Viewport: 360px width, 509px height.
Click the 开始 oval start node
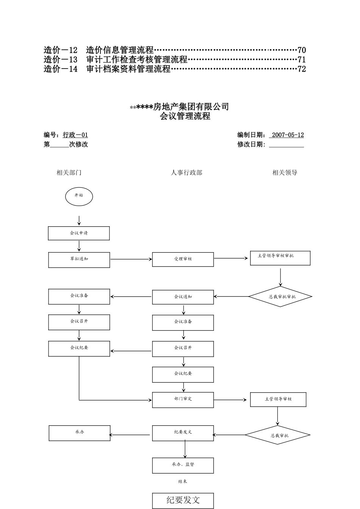(x=79, y=197)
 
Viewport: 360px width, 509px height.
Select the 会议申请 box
(x=79, y=233)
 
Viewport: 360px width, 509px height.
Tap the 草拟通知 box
(x=79, y=260)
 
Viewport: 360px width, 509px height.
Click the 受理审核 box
(x=183, y=259)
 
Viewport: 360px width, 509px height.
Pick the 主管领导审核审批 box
(x=280, y=258)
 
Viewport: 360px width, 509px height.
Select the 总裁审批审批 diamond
(x=280, y=297)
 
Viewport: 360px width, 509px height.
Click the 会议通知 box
(x=183, y=297)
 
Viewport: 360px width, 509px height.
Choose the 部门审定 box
(x=183, y=400)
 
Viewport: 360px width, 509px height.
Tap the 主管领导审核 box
(x=278, y=400)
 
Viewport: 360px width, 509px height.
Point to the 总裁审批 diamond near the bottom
(x=278, y=435)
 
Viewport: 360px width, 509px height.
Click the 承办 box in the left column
(x=80, y=433)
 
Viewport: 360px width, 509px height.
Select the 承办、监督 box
(x=183, y=465)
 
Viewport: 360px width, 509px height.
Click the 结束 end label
(x=183, y=482)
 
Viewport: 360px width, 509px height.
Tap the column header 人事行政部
(x=186, y=173)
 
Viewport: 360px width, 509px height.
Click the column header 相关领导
(x=285, y=173)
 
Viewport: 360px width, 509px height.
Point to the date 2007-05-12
(x=288, y=135)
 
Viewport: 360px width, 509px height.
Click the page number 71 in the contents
(x=302, y=59)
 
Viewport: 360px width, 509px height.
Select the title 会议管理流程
(x=185, y=116)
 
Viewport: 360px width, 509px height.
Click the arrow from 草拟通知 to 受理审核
(x=131, y=259)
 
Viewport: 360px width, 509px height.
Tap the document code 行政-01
(x=75, y=135)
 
